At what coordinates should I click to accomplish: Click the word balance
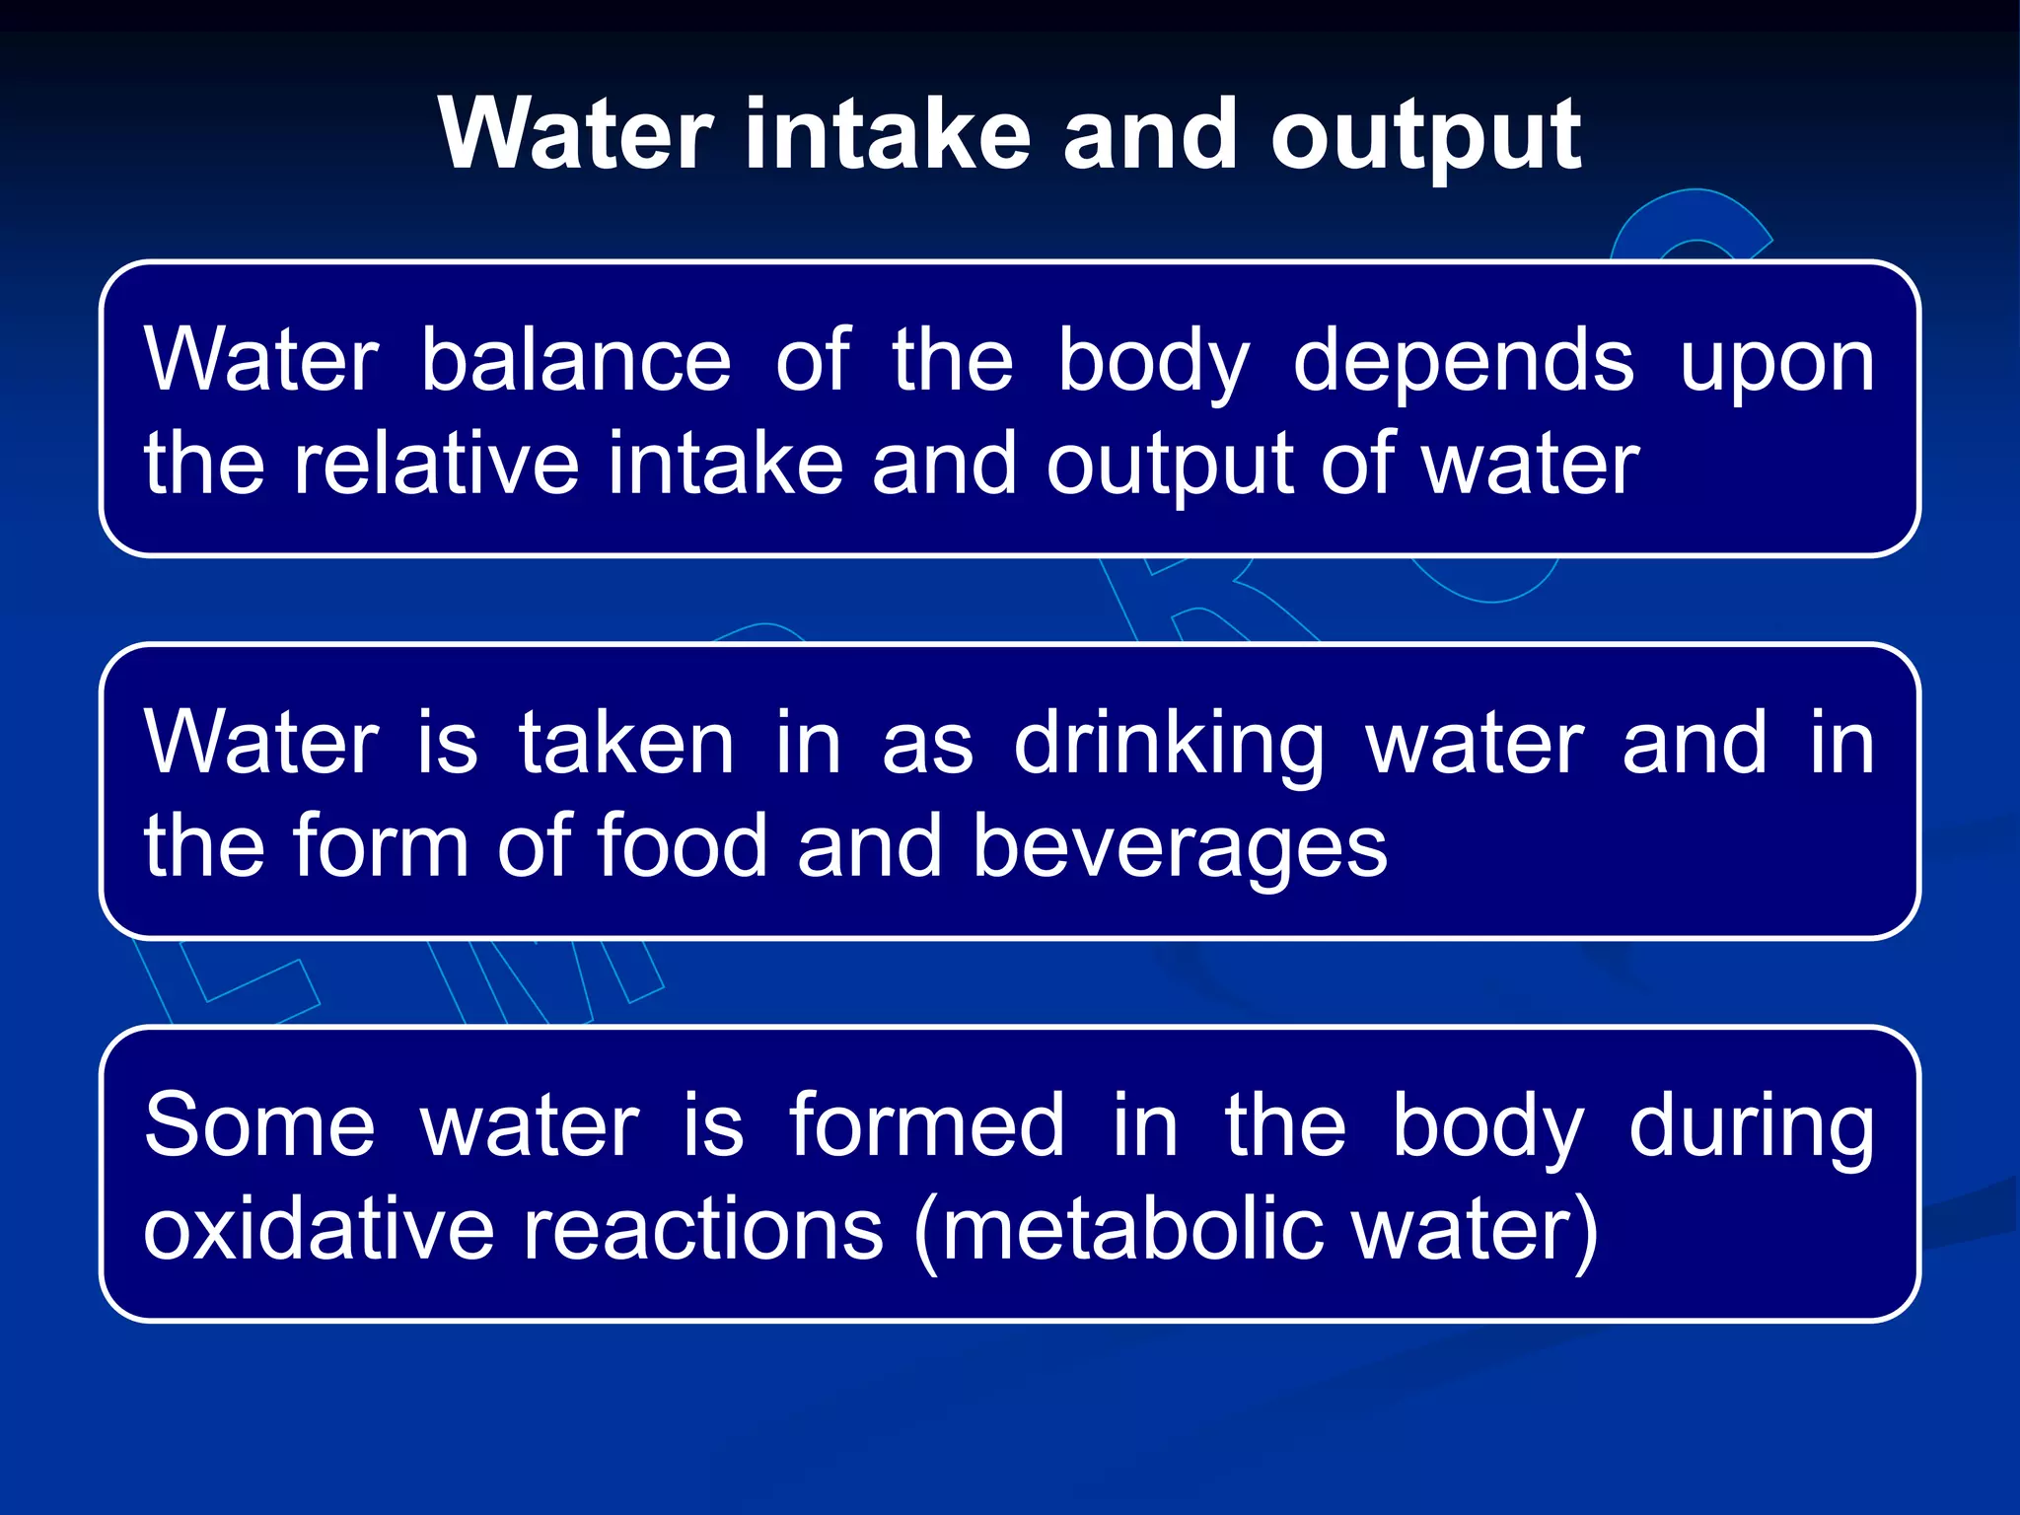point(576,361)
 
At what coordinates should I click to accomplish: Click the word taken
point(626,744)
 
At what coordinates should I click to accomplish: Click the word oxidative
point(318,1229)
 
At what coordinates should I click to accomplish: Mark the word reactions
point(702,1229)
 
